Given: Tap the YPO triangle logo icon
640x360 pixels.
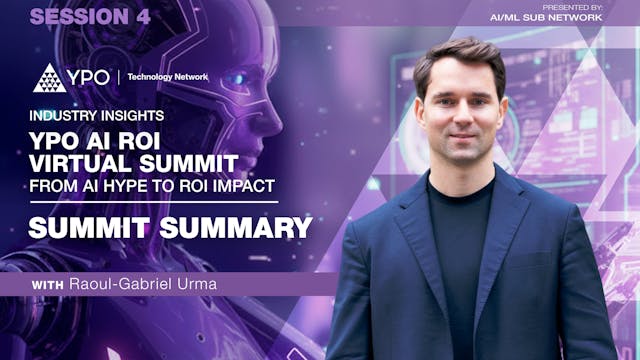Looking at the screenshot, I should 49,78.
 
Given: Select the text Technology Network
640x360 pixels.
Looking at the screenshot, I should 167,77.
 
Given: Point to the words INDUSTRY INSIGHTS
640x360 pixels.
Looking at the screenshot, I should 96,115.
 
